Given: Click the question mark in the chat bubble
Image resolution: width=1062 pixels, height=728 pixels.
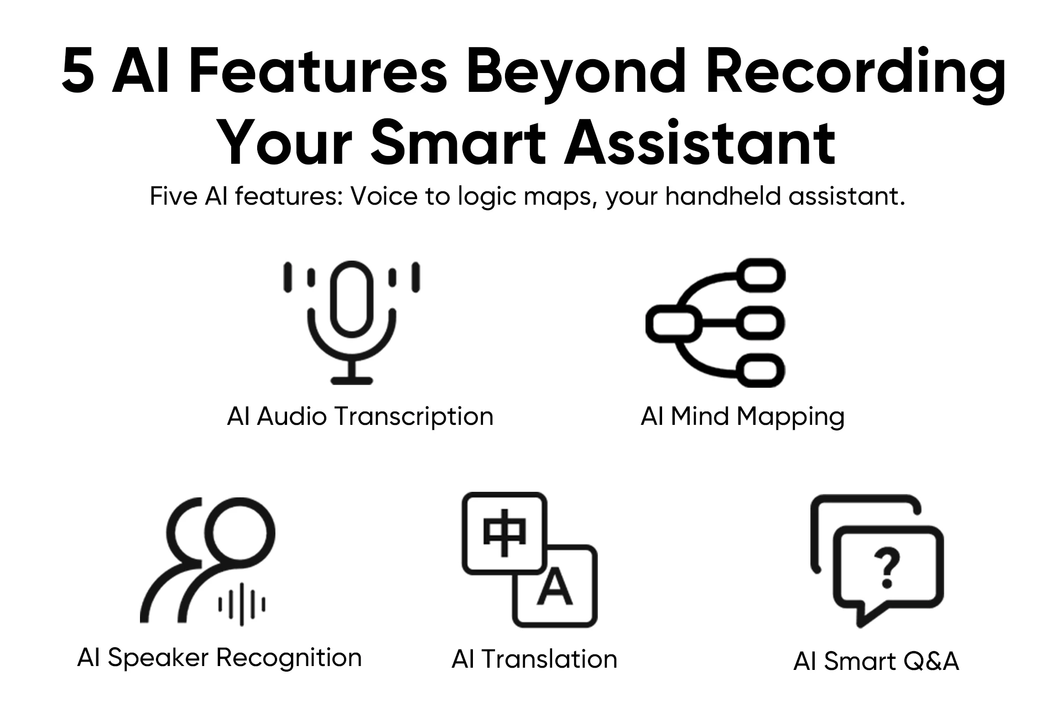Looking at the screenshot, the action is (887, 568).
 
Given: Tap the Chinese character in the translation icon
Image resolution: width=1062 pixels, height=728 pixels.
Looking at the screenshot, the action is (504, 532).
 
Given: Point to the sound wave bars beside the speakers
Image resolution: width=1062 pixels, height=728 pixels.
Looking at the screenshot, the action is (242, 604).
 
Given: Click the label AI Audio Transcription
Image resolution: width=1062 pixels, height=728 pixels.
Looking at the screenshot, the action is (360, 416).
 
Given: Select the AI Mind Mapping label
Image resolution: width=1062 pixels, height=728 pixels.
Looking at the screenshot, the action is (742, 416).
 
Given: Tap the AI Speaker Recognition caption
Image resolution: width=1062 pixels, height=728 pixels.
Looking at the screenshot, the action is (219, 658).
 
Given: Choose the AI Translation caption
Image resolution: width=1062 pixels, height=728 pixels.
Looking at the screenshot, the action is (534, 659).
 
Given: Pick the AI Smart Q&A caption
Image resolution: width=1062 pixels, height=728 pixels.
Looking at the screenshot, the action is (876, 661).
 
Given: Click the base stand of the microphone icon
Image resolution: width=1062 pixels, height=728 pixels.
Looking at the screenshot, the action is (352, 380).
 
